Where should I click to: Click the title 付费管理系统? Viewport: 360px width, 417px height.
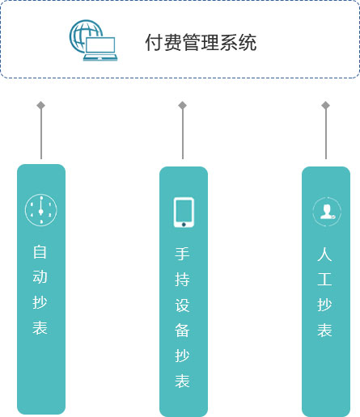201,42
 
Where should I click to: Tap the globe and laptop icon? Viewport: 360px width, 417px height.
93,40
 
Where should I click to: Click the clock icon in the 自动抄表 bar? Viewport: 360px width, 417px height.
41,210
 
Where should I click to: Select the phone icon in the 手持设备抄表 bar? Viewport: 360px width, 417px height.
184,213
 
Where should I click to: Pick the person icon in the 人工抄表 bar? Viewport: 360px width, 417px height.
327,212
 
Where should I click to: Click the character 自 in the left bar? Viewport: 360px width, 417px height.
40,252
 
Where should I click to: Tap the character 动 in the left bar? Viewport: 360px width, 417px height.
40,277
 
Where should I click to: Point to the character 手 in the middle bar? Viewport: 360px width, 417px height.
182,254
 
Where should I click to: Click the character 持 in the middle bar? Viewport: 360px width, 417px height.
182,280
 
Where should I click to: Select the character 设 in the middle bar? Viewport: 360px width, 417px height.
182,305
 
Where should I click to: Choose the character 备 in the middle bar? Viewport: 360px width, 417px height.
182,331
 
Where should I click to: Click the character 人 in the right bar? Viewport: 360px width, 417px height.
324,254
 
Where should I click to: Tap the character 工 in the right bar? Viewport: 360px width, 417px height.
324,280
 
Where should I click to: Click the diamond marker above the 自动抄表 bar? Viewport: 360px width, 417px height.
41,105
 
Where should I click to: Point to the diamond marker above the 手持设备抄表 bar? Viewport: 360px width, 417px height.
183,105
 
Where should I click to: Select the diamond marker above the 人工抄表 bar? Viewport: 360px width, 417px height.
326,105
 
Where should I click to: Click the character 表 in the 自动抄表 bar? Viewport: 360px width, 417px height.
40,327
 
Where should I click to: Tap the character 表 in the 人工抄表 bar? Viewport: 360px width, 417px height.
324,330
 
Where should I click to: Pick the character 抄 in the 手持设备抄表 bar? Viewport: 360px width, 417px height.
182,356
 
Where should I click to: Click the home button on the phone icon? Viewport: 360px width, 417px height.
184,225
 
